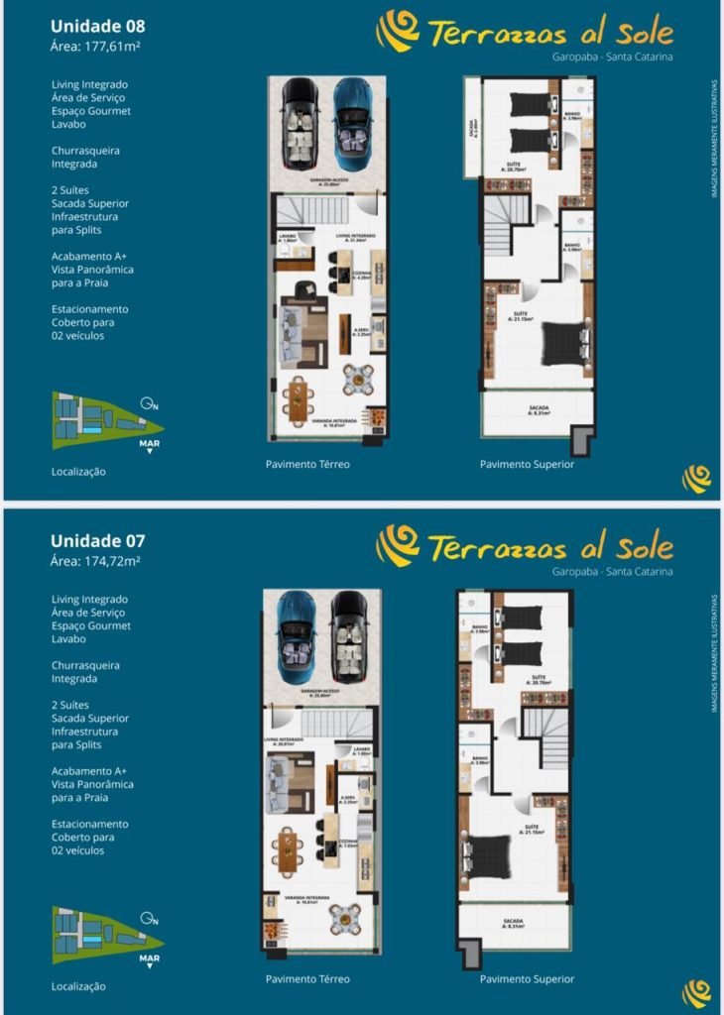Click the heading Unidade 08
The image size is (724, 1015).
pos(97,26)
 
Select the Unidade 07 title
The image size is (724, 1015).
pos(97,541)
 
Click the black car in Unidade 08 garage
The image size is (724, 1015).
pos(299,122)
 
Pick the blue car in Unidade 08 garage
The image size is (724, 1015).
pos(352,122)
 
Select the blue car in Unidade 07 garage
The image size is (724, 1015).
pos(296,636)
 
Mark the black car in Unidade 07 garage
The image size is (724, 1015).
pos(349,636)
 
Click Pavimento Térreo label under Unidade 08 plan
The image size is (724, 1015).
pos(307,464)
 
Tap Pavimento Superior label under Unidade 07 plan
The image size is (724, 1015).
pos(527,979)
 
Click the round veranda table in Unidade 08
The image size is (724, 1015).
pos(358,378)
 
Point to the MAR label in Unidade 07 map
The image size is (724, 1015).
pos(150,959)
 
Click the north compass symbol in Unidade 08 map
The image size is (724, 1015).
pos(147,402)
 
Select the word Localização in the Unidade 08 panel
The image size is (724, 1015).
pos(78,472)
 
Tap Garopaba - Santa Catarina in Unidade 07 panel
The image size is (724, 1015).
pos(612,572)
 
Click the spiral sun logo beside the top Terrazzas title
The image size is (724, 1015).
pos(398,31)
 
